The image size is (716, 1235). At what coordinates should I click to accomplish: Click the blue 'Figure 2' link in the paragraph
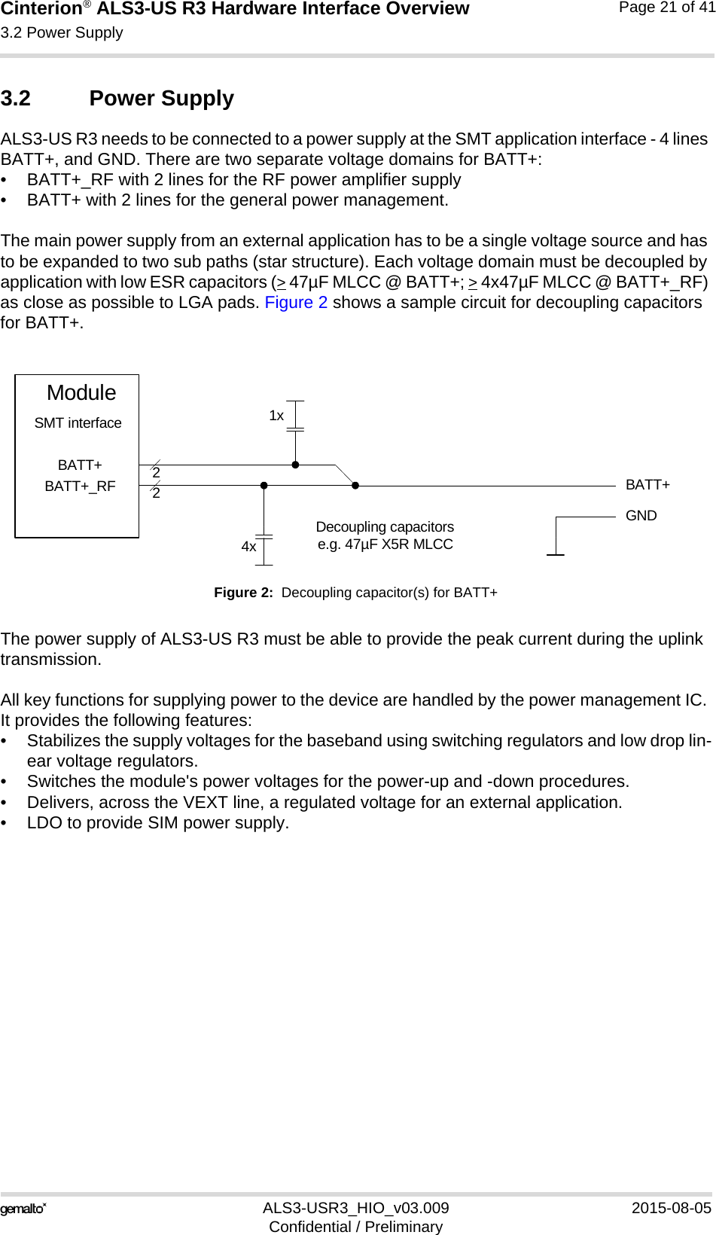click(x=296, y=303)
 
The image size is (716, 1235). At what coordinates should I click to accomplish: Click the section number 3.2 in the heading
click(x=16, y=99)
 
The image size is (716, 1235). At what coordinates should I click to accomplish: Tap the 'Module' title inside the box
click(x=81, y=393)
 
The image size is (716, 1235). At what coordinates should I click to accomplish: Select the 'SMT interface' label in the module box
click(x=78, y=423)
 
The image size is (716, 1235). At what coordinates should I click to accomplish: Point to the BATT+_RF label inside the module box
click(x=80, y=486)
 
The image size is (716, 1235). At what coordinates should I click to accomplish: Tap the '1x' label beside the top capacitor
click(x=276, y=416)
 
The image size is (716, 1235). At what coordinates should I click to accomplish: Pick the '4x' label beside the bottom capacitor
click(x=248, y=547)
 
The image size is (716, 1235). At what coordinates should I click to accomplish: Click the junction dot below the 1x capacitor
click(x=296, y=465)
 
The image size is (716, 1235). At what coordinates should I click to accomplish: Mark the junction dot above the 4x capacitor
click(x=264, y=486)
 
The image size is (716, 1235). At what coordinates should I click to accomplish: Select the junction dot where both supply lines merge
click(x=355, y=486)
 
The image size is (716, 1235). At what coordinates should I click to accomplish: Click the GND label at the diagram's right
click(x=641, y=516)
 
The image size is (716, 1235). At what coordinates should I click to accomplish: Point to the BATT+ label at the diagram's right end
click(x=647, y=485)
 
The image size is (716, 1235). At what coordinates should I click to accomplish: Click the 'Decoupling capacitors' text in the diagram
click(x=385, y=527)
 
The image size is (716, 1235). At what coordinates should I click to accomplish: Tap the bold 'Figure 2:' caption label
click(x=243, y=593)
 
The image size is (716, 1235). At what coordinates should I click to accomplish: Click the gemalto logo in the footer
click(x=23, y=1209)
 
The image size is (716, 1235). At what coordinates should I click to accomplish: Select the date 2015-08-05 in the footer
click(x=671, y=1208)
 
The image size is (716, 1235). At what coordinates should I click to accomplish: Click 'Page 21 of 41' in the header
click(x=666, y=8)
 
